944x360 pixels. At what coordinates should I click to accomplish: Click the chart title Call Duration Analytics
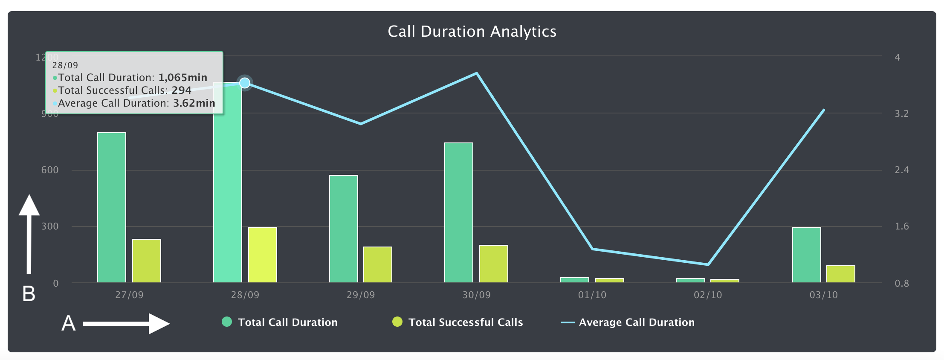tap(472, 32)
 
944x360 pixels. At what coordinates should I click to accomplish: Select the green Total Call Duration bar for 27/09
tap(112, 207)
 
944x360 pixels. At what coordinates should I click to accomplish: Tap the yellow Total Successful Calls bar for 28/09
tap(263, 255)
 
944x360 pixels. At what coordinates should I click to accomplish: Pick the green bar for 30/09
tap(459, 212)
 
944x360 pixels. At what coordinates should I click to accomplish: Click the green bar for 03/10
tap(807, 255)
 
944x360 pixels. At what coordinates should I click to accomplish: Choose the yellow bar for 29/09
tap(378, 264)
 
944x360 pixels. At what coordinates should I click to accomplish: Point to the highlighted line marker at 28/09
tap(245, 83)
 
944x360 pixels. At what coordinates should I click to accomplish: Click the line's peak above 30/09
tap(477, 73)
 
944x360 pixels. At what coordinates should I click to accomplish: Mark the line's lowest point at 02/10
tap(708, 264)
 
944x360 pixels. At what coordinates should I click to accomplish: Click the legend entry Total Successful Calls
tap(465, 322)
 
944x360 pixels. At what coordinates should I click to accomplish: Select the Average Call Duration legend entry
tap(636, 322)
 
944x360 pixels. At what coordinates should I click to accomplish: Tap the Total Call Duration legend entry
tap(287, 322)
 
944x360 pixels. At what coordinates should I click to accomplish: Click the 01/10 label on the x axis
tap(592, 295)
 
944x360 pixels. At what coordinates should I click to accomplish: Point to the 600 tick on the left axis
tap(50, 170)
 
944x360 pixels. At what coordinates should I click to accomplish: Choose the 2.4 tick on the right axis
tap(901, 170)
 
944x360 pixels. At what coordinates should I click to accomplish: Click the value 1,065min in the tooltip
tap(183, 78)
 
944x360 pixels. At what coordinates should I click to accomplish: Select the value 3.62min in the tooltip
tap(194, 103)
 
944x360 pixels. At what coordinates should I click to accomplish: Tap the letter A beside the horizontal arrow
tap(69, 323)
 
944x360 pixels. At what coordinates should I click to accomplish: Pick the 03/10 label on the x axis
tap(824, 295)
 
